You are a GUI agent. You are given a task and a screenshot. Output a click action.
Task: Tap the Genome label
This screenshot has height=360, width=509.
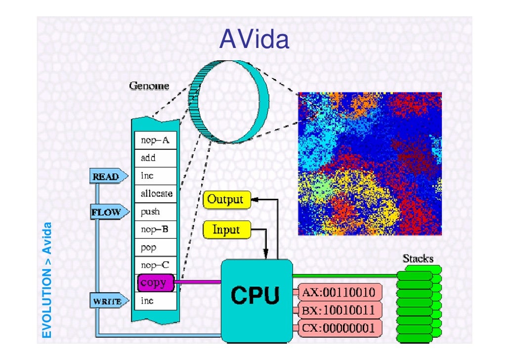(x=149, y=86)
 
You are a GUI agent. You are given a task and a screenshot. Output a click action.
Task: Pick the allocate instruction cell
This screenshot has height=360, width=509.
(x=156, y=193)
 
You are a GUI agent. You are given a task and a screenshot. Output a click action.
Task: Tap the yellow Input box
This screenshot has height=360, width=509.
(x=226, y=229)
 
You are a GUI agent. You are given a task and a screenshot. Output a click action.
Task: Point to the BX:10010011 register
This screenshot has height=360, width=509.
(x=339, y=311)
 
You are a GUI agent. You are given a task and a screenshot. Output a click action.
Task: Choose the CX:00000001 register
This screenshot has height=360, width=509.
(x=339, y=328)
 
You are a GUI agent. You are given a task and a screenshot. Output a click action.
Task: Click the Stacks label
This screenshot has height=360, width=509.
(x=418, y=258)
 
